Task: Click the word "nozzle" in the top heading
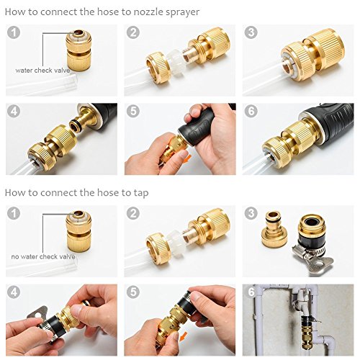pyautogui.click(x=148, y=12)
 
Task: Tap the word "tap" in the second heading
pyautogui.click(x=140, y=193)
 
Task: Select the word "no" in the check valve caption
pyautogui.click(x=14, y=257)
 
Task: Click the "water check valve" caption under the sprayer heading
pyautogui.click(x=42, y=71)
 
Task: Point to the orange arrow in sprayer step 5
pyautogui.click(x=188, y=158)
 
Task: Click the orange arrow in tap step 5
pyautogui.click(x=184, y=336)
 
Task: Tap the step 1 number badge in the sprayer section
pyautogui.click(x=14, y=32)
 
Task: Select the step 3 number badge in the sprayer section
pyautogui.click(x=251, y=32)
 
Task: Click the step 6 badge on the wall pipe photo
pyautogui.click(x=251, y=292)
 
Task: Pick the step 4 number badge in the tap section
pyautogui.click(x=14, y=292)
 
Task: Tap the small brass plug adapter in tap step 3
pyautogui.click(x=273, y=230)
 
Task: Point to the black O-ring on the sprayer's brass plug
pyautogui.click(x=75, y=126)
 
